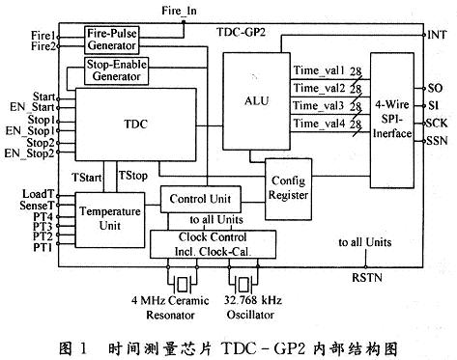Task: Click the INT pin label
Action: (439, 34)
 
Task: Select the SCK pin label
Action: (438, 124)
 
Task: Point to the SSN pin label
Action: (438, 142)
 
